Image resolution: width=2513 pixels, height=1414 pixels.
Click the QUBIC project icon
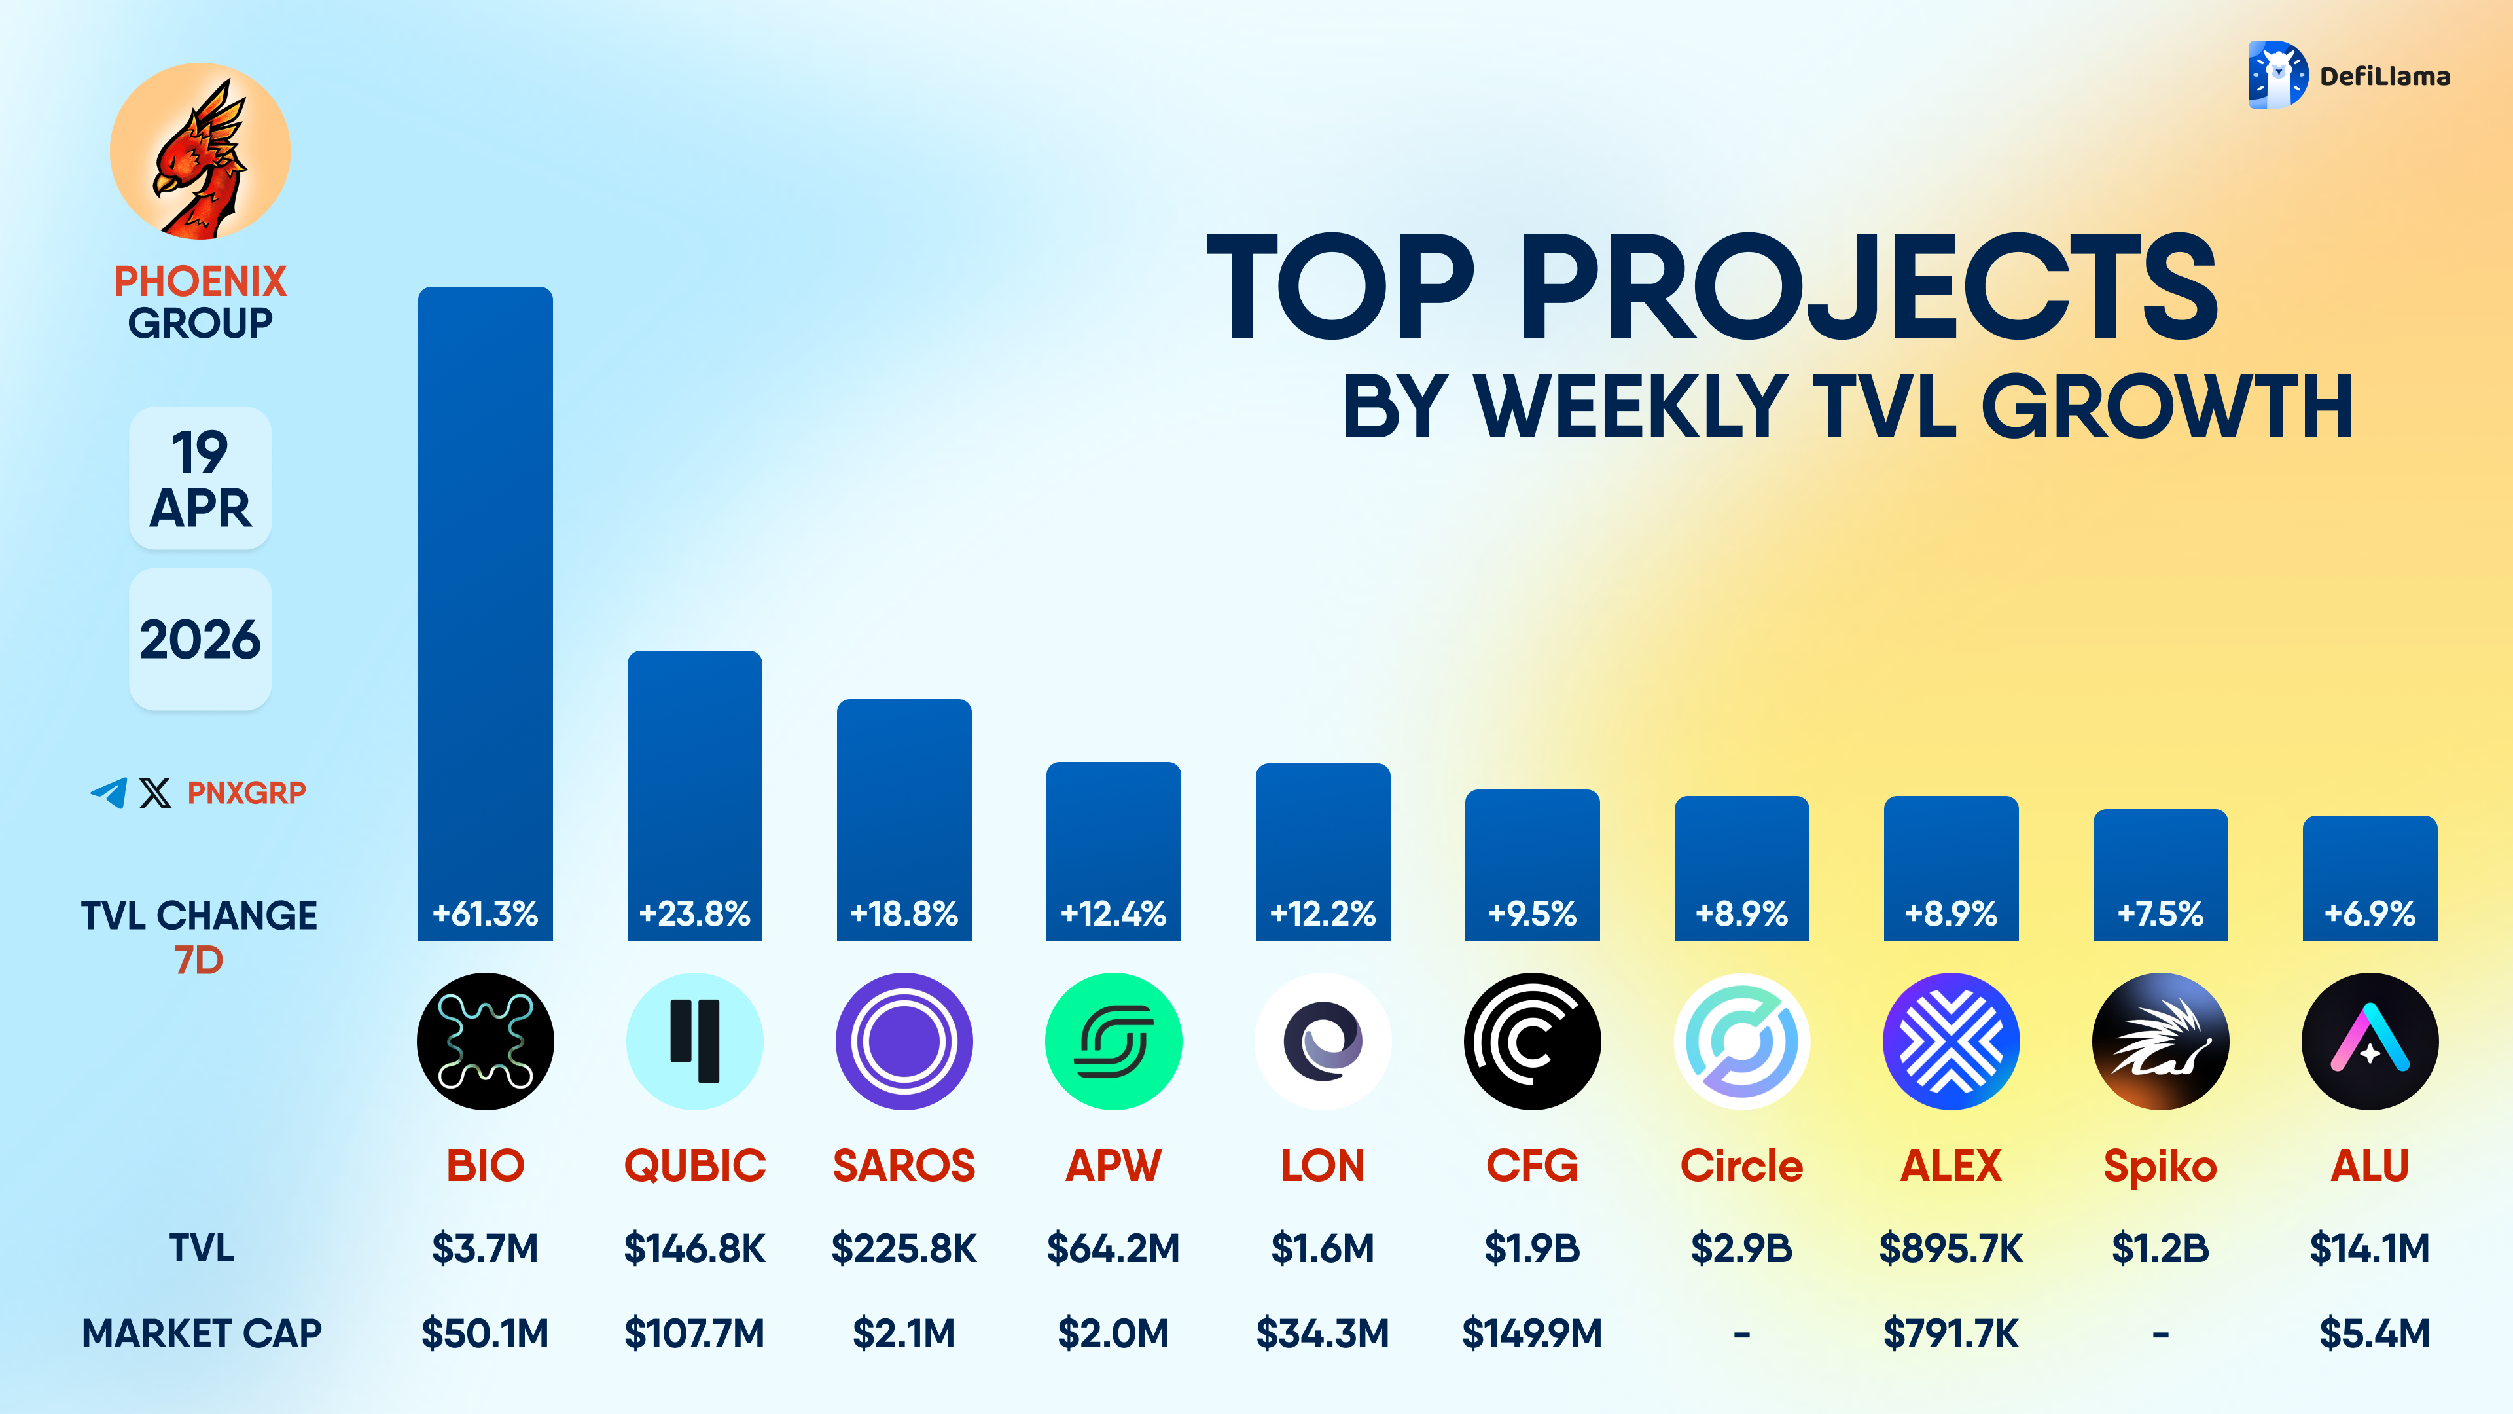point(694,1042)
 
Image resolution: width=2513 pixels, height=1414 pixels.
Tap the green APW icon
point(1113,1042)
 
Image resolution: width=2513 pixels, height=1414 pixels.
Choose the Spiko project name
point(2160,1165)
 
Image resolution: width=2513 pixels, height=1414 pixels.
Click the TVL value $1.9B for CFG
point(1531,1248)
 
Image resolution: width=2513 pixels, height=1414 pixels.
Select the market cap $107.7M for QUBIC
point(694,1333)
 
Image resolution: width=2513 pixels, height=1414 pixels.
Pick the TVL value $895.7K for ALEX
point(1951,1248)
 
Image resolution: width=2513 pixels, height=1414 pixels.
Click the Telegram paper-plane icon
point(108,792)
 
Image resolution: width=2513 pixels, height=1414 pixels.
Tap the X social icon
point(155,792)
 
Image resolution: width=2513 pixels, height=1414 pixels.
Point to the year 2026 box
point(200,639)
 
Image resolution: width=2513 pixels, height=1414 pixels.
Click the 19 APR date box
point(200,478)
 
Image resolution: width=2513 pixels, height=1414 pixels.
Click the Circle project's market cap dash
point(1741,1333)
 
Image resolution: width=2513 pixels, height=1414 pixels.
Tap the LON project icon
point(1323,1042)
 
